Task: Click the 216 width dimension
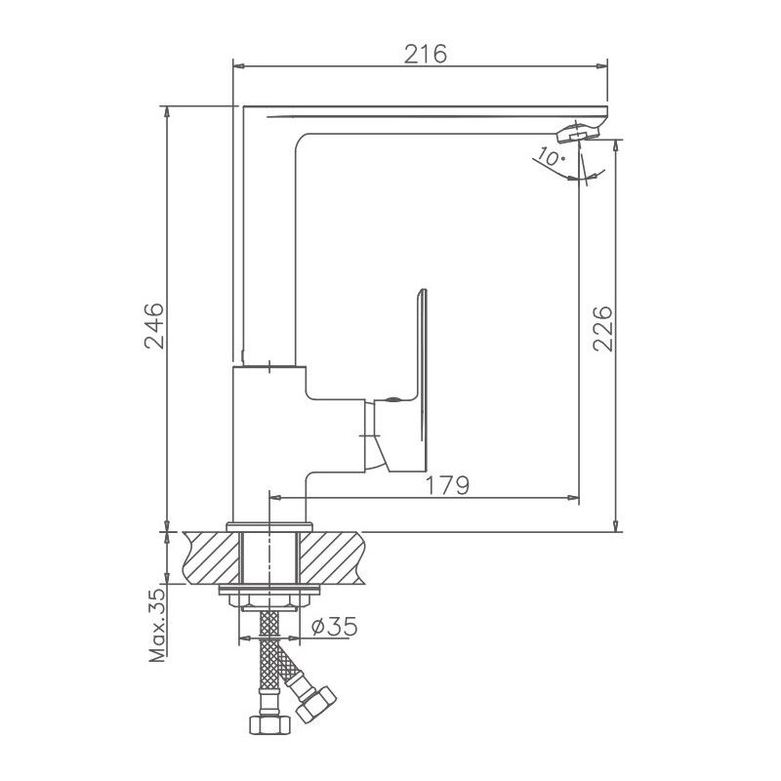[x=426, y=55]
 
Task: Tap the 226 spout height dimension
[x=603, y=328]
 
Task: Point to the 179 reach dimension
[x=449, y=484]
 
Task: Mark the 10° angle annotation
[x=551, y=157]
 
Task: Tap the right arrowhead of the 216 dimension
[x=604, y=66]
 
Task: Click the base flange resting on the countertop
[x=268, y=527]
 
